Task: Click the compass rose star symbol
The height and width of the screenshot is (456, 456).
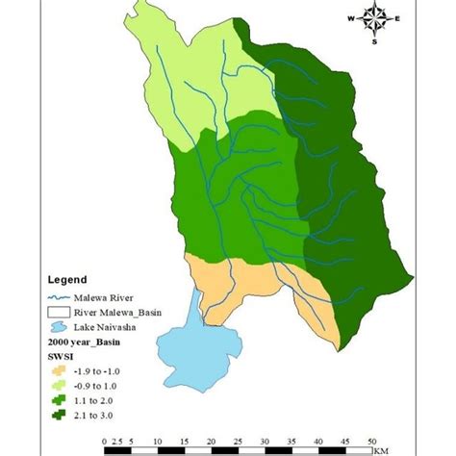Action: click(x=375, y=19)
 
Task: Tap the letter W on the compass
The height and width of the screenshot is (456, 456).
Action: click(x=352, y=19)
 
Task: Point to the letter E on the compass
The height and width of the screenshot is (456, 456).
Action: click(x=397, y=19)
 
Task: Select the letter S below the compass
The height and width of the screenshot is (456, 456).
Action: click(x=375, y=40)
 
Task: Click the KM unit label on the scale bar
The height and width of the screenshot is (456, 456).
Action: click(x=385, y=449)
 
